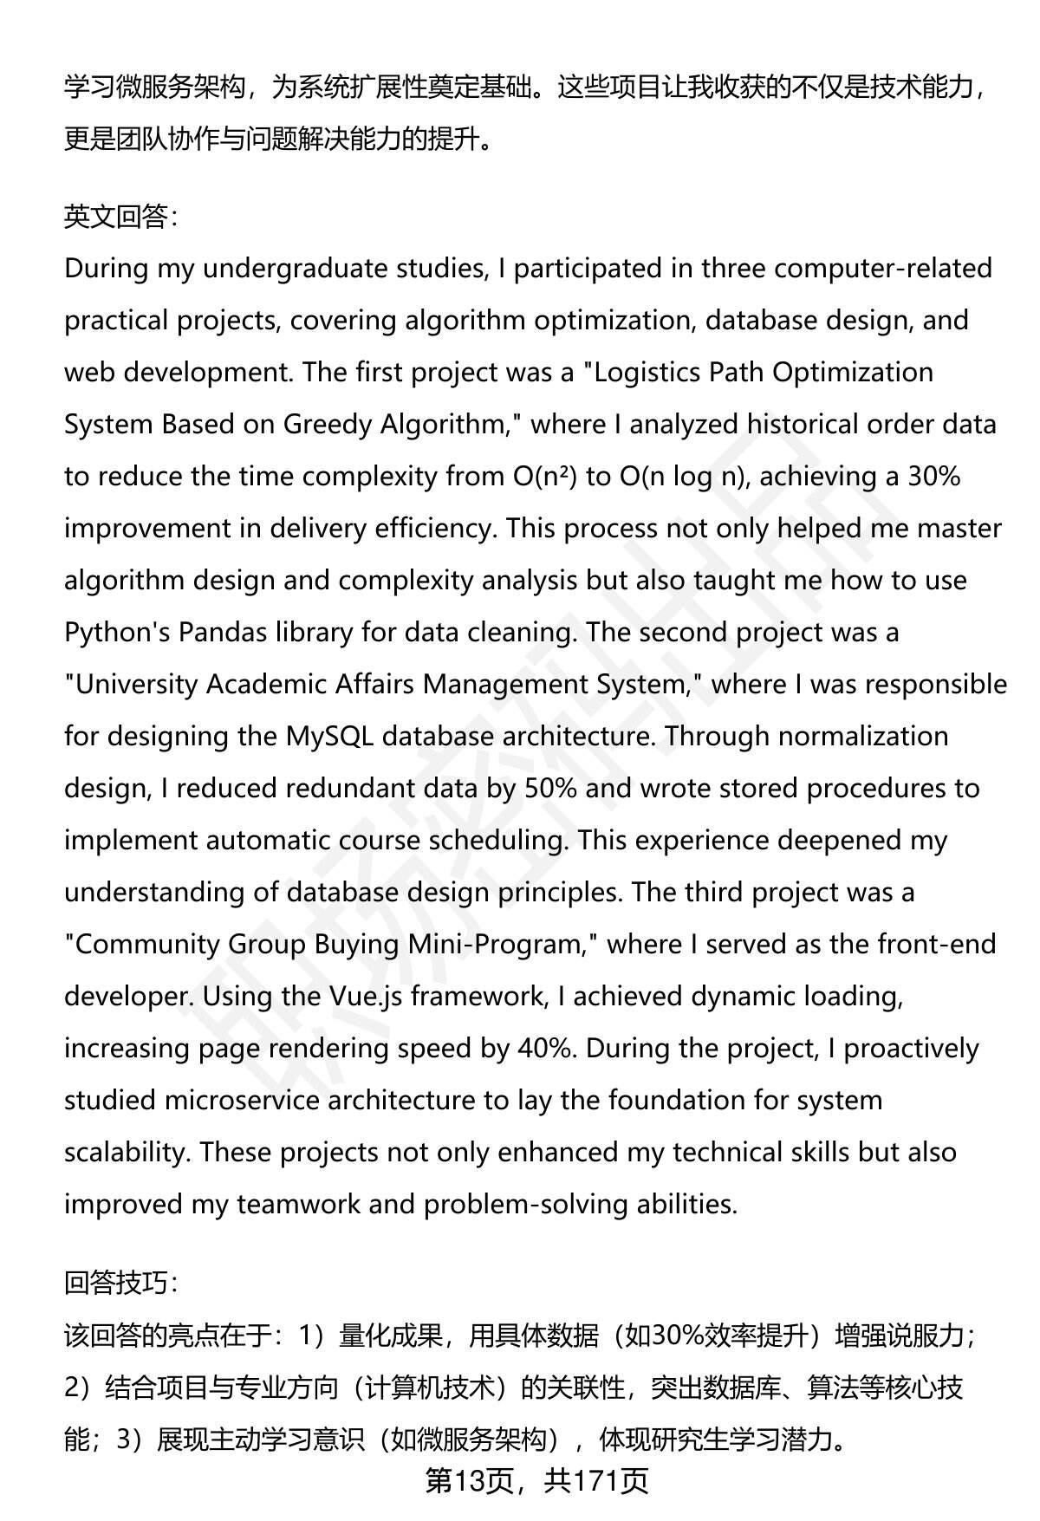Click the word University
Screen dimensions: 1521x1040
pyautogui.click(x=138, y=685)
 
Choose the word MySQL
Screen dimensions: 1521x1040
pyautogui.click(x=329, y=737)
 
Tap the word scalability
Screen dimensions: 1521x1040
pyautogui.click(x=127, y=1153)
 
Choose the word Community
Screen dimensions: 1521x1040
pyautogui.click(x=146, y=945)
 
